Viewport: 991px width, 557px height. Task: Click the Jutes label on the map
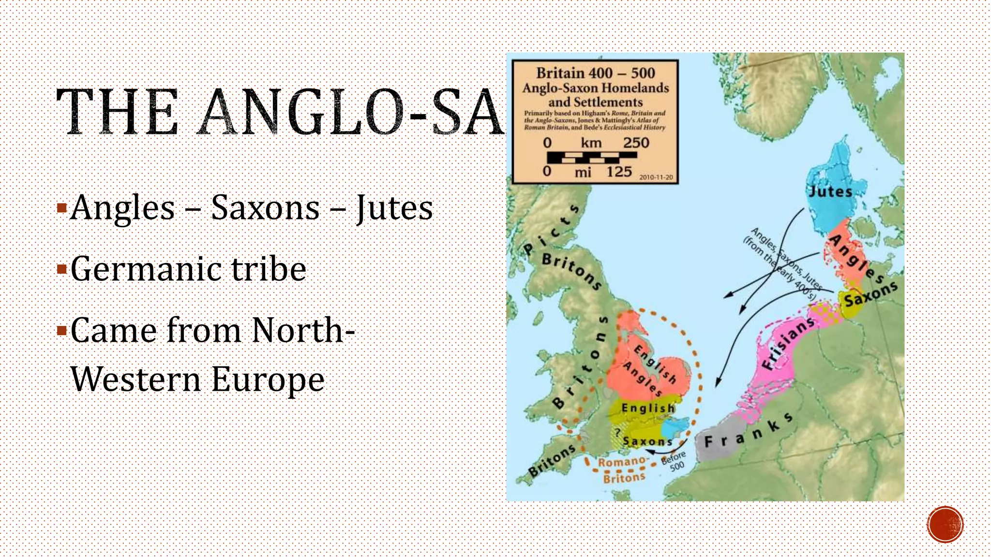tap(831, 191)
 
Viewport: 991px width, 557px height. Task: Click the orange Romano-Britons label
tap(622, 469)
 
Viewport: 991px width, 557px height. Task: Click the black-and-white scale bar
tap(591, 157)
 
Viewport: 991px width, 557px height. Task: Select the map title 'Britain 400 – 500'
tap(595, 73)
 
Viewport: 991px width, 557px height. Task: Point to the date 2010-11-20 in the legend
tap(656, 177)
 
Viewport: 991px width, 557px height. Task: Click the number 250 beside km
tap(636, 143)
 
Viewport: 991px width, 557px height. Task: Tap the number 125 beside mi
tap(619, 172)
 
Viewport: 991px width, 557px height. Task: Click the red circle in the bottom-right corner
tap(945, 524)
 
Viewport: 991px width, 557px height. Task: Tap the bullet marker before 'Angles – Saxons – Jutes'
tap(61, 208)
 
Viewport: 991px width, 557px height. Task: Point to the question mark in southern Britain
tap(617, 432)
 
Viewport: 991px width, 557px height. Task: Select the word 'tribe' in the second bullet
tap(269, 269)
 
